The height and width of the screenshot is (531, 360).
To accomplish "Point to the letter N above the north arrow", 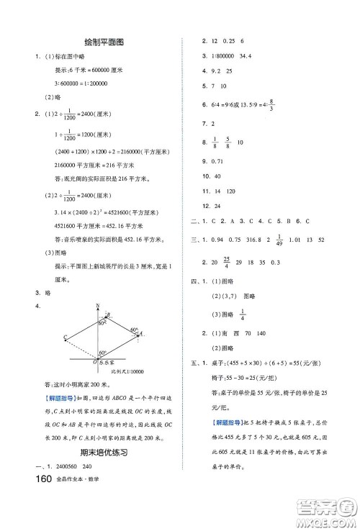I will point(98,305).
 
